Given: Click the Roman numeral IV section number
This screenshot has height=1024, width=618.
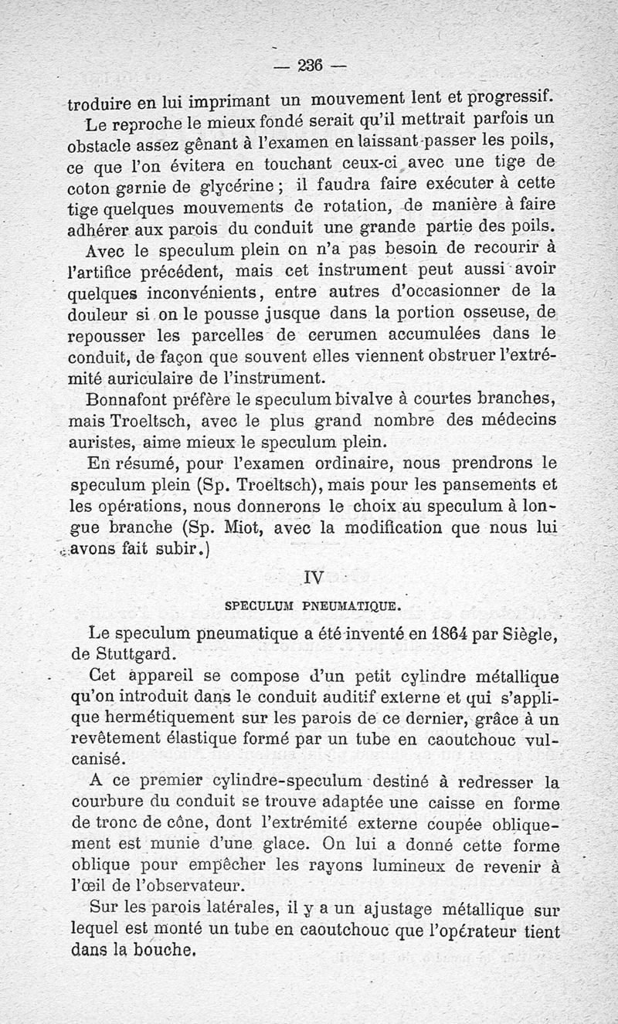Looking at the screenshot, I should click(314, 575).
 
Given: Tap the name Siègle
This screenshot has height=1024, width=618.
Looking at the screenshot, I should click(523, 633).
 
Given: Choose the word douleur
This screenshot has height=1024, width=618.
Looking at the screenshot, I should click(99, 315).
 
